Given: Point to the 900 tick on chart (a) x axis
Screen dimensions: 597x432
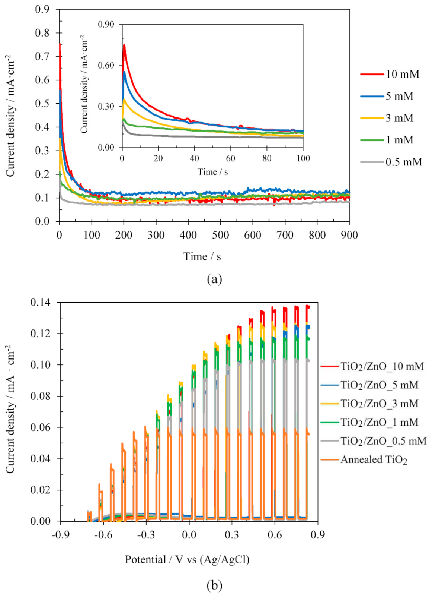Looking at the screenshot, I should (x=349, y=235).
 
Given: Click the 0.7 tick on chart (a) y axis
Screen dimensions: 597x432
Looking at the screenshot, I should (x=42, y=56).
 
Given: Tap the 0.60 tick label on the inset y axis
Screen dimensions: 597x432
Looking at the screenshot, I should (x=106, y=66).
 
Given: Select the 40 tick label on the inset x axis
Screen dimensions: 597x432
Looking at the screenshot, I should (x=194, y=158).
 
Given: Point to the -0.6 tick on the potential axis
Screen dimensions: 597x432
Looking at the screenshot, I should (x=103, y=535).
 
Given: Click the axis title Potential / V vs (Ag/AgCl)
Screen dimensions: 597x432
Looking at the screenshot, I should (x=187, y=560).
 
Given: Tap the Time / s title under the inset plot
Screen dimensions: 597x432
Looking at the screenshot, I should (x=212, y=172).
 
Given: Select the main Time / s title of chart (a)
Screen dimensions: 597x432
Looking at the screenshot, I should (x=202, y=256).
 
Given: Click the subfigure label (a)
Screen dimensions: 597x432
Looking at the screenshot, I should (x=214, y=279).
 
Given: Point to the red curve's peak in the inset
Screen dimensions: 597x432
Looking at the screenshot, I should (x=124, y=45).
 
